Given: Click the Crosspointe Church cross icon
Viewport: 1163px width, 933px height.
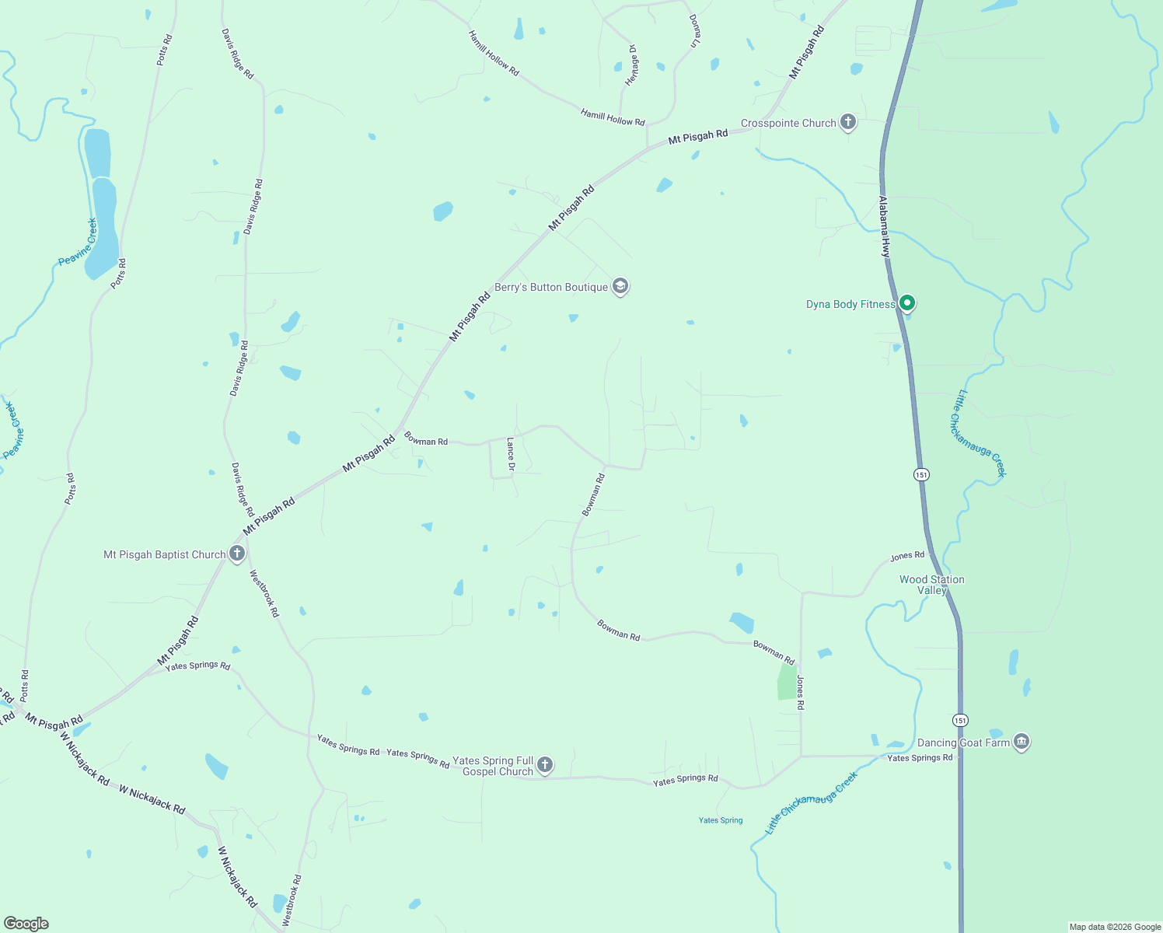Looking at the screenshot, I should [848, 122].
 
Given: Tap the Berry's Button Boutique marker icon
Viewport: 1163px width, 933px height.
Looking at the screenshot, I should [620, 286].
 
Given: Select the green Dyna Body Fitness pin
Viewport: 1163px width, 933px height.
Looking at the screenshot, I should [906, 302].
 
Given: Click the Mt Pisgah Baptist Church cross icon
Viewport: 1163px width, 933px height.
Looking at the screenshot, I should [237, 554].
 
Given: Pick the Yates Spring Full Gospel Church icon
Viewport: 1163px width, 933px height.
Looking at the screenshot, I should [545, 765].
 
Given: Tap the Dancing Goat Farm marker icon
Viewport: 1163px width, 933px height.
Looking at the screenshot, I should [1022, 742].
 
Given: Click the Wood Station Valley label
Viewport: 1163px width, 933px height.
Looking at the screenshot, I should [931, 585].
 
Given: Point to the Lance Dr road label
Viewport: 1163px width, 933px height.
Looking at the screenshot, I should [511, 454].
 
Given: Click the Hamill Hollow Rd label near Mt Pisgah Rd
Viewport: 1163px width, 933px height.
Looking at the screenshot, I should [613, 117].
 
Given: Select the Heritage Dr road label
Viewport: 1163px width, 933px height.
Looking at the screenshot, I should [632, 65].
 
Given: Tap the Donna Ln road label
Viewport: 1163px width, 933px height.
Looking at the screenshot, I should [696, 31].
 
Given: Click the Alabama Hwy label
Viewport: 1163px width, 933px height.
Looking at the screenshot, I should [884, 226].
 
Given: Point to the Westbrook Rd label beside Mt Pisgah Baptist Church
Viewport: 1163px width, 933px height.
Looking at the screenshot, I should [264, 593].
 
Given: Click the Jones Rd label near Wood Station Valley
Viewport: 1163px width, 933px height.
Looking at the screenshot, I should [907, 556].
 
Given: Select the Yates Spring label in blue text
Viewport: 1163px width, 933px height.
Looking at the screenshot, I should [721, 820].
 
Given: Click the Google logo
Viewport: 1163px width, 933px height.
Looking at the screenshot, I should [26, 924].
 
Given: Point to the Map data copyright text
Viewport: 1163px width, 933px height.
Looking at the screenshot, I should [1115, 927].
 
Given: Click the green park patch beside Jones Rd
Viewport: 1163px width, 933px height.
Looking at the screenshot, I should [788, 683].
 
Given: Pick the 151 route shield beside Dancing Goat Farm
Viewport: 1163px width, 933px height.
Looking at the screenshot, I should [961, 720].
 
